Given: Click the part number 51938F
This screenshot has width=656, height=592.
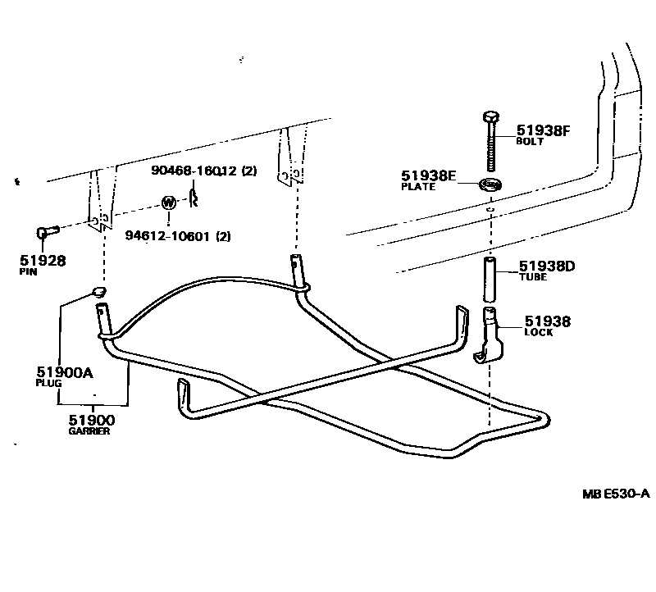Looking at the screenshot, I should pos(542,130).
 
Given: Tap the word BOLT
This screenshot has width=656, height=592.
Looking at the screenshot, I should pos(529,142).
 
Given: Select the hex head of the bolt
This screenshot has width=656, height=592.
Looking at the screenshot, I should pos(490,116).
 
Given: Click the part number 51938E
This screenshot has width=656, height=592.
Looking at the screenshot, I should pos(428,175).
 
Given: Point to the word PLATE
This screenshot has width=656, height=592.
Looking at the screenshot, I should pos(417,187).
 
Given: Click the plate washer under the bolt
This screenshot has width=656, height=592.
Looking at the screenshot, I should pos(490,184).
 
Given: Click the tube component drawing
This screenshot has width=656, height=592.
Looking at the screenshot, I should pos(489,278).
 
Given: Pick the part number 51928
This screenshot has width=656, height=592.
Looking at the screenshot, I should pos(42,261).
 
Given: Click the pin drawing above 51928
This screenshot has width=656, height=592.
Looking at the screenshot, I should pos(46,234).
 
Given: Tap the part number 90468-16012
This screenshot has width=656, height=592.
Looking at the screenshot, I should pos(193,171).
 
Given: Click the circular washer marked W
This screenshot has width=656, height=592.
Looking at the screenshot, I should pos(168,202).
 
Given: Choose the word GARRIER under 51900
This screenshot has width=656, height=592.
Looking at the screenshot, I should pos(89,431).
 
